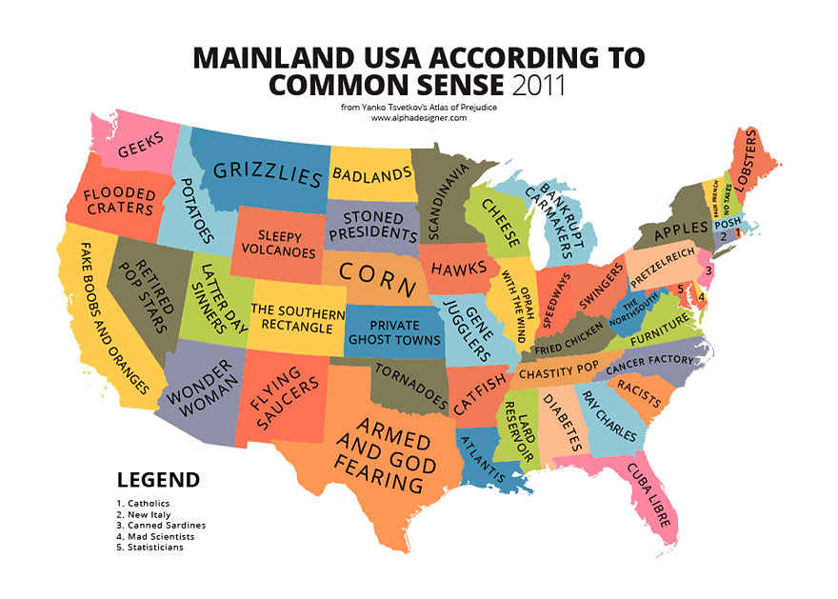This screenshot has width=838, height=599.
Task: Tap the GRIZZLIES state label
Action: pos(267,172)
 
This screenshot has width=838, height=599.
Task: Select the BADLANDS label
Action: pos(369,173)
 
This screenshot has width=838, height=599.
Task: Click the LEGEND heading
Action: pos(158,480)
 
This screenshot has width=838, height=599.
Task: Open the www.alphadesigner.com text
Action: pos(418,118)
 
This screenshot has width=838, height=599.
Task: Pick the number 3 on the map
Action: pos(708,270)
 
